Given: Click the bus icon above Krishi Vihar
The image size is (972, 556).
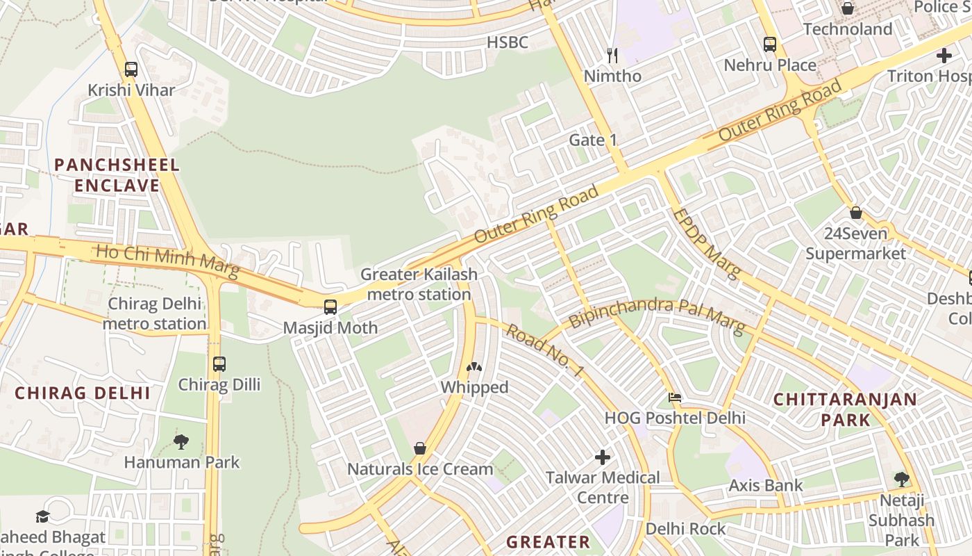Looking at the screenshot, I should pos(131,69).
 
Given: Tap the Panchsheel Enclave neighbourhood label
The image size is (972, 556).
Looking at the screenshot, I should pos(117,175).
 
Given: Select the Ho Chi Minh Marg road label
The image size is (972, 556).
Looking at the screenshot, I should pos(167,261).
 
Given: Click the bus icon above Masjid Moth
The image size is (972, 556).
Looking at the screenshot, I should pos(330,307).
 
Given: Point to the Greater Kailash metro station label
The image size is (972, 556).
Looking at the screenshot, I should pos(419,284).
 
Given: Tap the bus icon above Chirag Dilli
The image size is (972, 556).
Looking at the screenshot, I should pos(219,363).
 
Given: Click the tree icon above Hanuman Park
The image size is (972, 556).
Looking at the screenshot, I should pos(181,441).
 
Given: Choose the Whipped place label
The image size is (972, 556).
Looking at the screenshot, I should pos(475,387).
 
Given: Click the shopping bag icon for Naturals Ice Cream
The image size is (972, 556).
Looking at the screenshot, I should pos(419,448).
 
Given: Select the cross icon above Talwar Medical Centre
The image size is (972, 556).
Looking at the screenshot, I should pos(603,457).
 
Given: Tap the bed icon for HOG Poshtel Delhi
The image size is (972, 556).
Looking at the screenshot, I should pos(674,398).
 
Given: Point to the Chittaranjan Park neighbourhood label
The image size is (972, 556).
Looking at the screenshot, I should pos(845,409).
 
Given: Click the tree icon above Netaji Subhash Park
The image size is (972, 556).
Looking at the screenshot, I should pos(902,479).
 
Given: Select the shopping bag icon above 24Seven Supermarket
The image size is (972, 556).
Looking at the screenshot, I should pos(856,213).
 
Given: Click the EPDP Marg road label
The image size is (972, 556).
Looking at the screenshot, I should pos(706,243).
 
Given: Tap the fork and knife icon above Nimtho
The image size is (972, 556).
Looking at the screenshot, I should pos(612,55).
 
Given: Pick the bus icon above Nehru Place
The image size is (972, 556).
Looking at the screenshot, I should pos(769,44).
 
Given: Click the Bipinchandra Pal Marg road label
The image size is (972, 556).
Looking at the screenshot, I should pos(657,315).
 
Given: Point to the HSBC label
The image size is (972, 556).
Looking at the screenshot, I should pos(507,42).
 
